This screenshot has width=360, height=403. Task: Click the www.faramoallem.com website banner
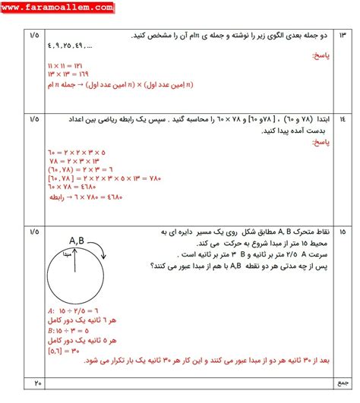[x=58, y=8]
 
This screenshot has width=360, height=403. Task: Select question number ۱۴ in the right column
[x=343, y=119]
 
